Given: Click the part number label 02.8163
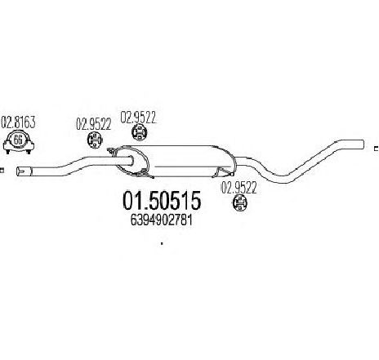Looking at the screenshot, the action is pos(18,122).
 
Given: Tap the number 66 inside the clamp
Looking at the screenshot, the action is pos(18,140).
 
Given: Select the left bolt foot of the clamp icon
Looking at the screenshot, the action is pos(7,151).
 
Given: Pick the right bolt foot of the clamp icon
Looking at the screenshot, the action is pos(29,151).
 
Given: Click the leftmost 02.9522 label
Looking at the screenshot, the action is pos(93,124).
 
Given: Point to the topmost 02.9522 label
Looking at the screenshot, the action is pos(138,118).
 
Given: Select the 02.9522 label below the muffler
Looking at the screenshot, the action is pos(239,188).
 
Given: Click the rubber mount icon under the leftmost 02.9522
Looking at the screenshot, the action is pos(95,140).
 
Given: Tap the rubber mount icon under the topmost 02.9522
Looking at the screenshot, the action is pos(139,132).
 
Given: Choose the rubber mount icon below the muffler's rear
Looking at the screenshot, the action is pos(240,202).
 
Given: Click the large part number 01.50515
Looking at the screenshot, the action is pos(162,201).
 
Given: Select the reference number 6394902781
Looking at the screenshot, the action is pos(162,220).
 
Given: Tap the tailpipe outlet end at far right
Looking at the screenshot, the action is pos(363,144).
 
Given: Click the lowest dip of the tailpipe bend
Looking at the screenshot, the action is pos(283,180).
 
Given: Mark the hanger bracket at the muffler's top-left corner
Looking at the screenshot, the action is pos(112,151).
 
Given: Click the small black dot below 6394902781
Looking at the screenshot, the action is pos(162,243).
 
